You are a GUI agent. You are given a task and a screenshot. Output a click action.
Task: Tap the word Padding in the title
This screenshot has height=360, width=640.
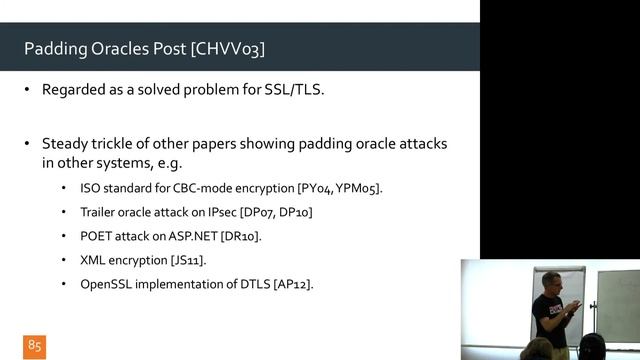(57, 48)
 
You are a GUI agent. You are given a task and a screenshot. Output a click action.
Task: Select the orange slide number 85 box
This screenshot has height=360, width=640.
(35, 345)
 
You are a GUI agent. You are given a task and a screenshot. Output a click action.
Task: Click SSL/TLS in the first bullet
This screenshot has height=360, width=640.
(295, 89)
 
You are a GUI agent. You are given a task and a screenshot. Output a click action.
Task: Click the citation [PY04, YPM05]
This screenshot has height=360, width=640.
(340, 188)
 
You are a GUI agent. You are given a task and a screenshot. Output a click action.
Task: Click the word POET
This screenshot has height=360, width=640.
(97, 236)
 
